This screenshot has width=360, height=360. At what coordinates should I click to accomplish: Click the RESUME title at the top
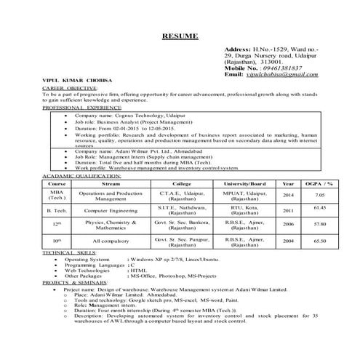(x=180, y=36)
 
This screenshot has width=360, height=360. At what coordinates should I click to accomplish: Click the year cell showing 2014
(x=288, y=195)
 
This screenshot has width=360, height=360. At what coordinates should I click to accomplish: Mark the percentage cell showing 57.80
(x=319, y=225)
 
